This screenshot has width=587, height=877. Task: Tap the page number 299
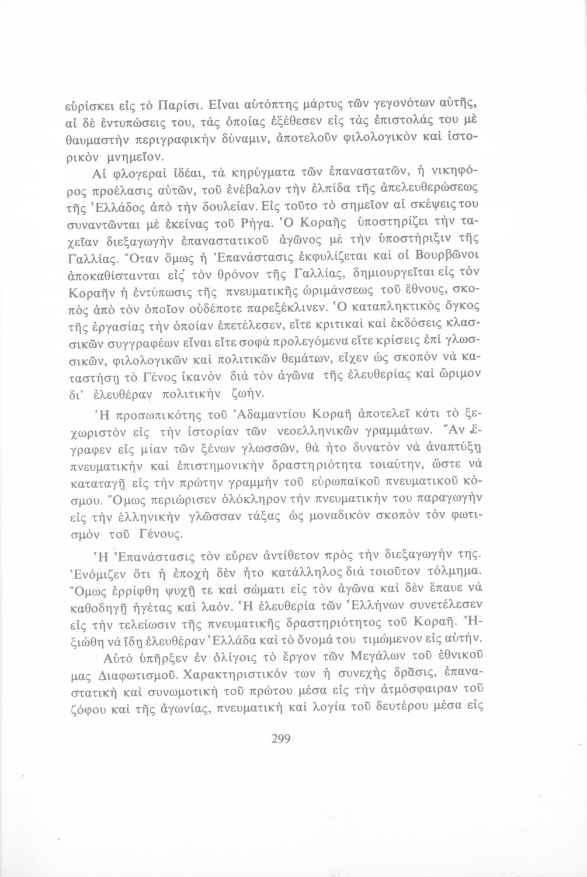(x=281, y=738)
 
